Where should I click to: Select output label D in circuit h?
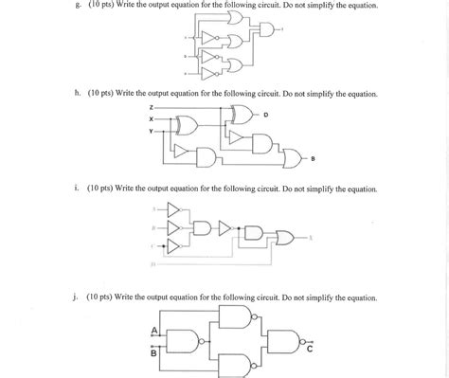[266, 115]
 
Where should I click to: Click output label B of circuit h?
[314, 157]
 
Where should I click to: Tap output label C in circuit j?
[309, 348]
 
